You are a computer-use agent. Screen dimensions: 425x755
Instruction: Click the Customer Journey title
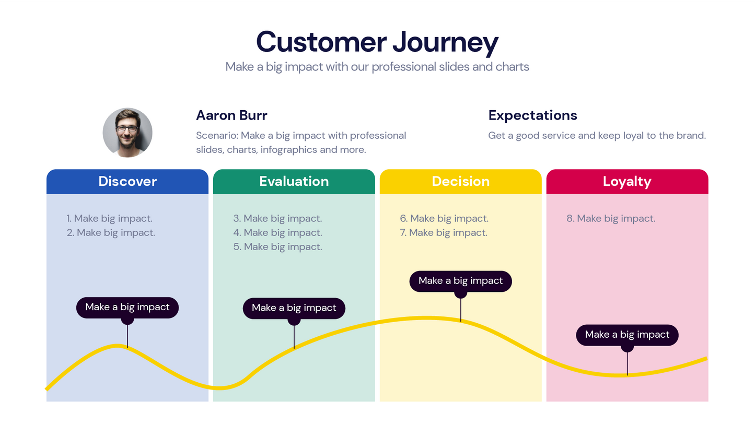[x=377, y=42]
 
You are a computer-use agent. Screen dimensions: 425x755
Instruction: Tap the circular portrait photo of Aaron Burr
[x=127, y=133]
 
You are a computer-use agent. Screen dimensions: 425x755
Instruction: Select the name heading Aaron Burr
[x=231, y=115]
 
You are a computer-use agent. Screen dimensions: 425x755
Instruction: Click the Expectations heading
[x=532, y=115]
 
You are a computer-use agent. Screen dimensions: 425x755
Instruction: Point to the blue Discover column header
[x=127, y=181]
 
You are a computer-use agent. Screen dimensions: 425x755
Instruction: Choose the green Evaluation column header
[x=294, y=181]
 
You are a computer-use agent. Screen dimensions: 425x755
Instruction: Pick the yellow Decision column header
[x=460, y=181]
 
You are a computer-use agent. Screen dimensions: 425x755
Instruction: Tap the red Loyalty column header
[x=627, y=181]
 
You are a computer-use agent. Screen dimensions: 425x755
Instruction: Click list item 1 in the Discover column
[x=110, y=218]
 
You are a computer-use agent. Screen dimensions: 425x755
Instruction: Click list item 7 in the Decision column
[x=444, y=232]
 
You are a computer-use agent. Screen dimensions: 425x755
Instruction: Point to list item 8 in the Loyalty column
[x=611, y=218]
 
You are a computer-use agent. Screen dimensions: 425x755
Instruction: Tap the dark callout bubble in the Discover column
[x=127, y=307]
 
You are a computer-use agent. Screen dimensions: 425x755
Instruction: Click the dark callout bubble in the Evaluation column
[x=294, y=308]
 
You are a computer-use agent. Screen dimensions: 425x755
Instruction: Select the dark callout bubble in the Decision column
[x=460, y=281]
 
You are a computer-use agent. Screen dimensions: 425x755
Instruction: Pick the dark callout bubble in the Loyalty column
[x=627, y=335]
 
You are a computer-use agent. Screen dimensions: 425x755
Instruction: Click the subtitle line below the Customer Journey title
[x=377, y=67]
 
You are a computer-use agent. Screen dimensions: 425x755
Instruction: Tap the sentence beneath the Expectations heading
[x=597, y=135]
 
